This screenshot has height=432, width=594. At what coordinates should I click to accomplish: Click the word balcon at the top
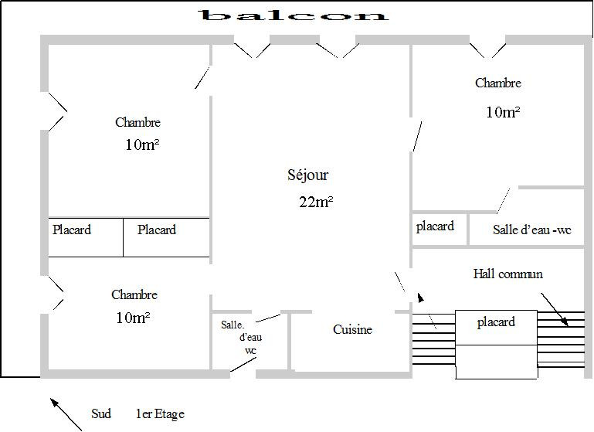(x=294, y=15)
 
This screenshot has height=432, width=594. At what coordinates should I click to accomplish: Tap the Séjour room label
(x=307, y=175)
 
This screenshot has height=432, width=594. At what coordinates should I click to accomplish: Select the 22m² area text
(x=316, y=202)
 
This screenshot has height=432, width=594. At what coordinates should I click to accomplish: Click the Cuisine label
(x=352, y=329)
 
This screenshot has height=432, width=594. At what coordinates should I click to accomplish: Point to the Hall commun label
(x=507, y=274)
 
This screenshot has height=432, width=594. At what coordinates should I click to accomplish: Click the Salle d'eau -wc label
(x=532, y=230)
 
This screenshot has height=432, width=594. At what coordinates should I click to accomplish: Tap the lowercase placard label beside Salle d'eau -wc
(x=435, y=226)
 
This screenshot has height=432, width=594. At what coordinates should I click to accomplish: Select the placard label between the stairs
(x=496, y=322)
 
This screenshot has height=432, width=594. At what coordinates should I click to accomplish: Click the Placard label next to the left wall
(x=72, y=230)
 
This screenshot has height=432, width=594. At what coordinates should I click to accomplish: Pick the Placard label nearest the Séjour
(x=157, y=230)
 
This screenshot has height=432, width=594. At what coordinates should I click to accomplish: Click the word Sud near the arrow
(x=101, y=413)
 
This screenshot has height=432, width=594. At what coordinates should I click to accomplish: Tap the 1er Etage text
(x=160, y=413)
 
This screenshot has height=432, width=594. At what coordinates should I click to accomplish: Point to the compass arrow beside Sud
(x=66, y=414)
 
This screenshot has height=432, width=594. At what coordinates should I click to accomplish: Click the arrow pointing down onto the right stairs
(x=555, y=309)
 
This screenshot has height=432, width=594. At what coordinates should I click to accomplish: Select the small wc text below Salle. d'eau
(x=250, y=351)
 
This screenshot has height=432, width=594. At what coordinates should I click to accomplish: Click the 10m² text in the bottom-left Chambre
(x=133, y=318)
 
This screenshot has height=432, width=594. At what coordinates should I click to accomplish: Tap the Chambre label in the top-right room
(x=498, y=83)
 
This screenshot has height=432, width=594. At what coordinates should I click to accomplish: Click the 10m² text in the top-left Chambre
(x=142, y=145)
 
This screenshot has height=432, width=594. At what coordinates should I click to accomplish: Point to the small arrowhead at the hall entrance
(x=420, y=298)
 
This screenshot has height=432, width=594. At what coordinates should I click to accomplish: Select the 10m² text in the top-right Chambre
(x=503, y=112)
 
